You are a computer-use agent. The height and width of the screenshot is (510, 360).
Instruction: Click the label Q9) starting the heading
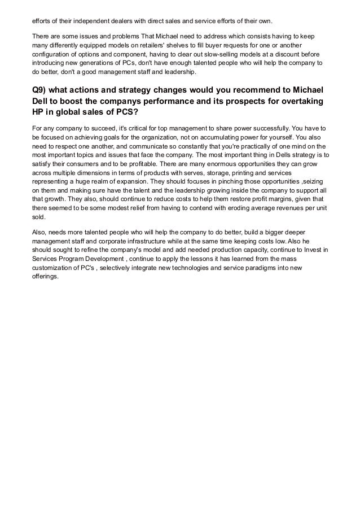(41, 91)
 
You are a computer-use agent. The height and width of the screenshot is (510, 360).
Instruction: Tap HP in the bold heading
(38, 112)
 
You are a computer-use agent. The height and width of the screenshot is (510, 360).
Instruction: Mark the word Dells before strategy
(278, 155)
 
